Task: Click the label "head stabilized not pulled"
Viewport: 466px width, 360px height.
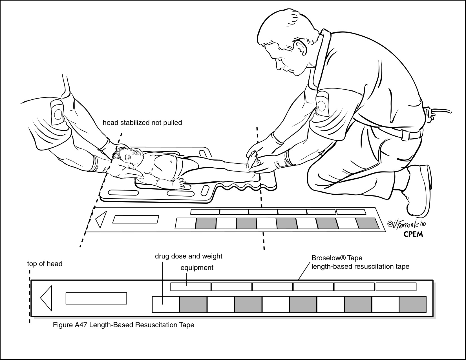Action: pyautogui.click(x=142, y=123)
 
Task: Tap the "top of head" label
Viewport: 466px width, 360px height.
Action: pyautogui.click(x=45, y=264)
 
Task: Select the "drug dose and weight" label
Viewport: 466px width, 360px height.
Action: pyautogui.click(x=188, y=256)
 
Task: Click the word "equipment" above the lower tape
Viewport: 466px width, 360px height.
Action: pyautogui.click(x=197, y=268)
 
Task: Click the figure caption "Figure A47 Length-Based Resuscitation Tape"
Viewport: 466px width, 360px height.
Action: pyautogui.click(x=123, y=325)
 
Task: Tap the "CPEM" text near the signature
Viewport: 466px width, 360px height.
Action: pyautogui.click(x=412, y=234)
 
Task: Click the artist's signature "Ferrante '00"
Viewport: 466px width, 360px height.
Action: pyautogui.click(x=406, y=224)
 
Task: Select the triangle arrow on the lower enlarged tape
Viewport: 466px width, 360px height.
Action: pyautogui.click(x=47, y=298)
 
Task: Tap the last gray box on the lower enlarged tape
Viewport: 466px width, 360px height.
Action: pyautogui.click(x=412, y=304)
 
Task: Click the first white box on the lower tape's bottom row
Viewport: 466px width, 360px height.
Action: pyautogui.click(x=166, y=304)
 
